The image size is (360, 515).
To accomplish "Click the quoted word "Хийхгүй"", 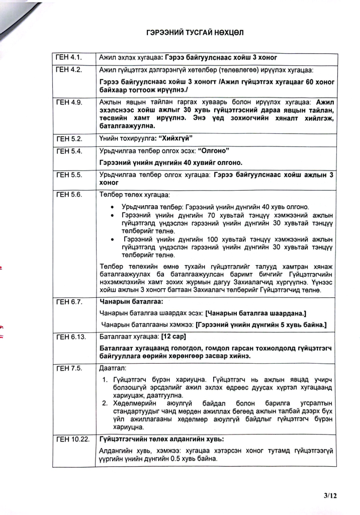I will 172,138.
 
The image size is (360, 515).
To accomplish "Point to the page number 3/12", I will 330,495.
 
